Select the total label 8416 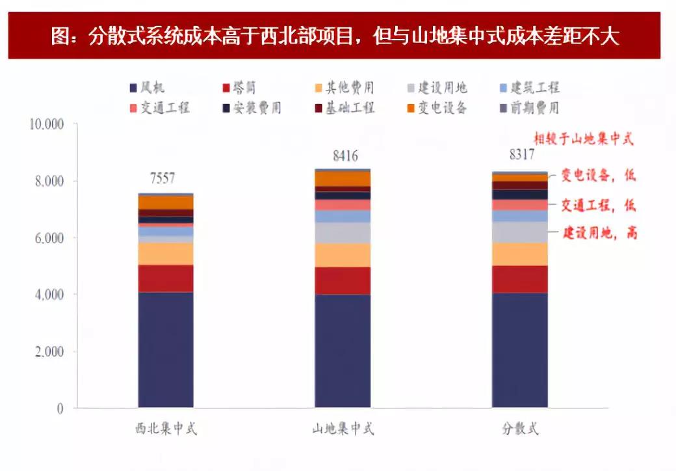click(x=343, y=155)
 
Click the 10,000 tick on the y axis click(x=46, y=124)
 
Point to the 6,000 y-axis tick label click(x=49, y=238)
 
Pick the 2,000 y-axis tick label click(x=49, y=352)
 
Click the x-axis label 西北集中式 click(x=166, y=429)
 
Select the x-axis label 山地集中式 click(x=343, y=429)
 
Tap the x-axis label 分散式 click(x=519, y=429)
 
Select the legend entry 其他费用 click(x=349, y=88)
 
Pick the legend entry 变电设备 click(x=442, y=107)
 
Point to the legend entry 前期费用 click(x=534, y=107)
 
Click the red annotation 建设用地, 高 click(x=599, y=233)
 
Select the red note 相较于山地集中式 click(x=584, y=139)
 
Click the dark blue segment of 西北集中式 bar click(x=166, y=350)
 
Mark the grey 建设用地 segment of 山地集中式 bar click(x=343, y=233)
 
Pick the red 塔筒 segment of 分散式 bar click(x=519, y=279)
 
